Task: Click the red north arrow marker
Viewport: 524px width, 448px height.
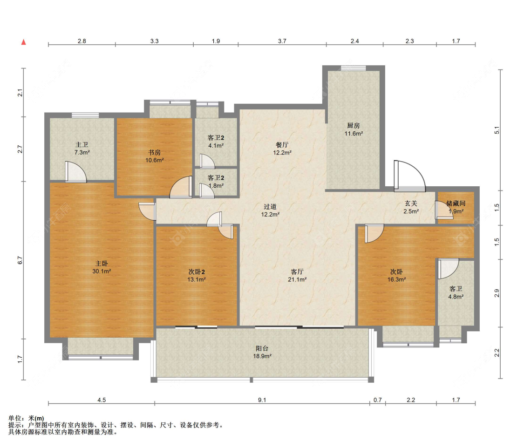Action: coord(23,42)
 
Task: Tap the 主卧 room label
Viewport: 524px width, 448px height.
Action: coord(101,264)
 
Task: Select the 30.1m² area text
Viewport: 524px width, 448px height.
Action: coord(102,272)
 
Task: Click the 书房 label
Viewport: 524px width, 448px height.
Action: coord(154,152)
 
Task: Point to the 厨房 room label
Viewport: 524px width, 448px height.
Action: coord(353,126)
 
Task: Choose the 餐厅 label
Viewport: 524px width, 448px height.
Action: coord(282,145)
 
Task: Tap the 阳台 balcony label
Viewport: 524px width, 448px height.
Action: coord(262,348)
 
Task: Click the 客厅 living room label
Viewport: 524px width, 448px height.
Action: coord(297,272)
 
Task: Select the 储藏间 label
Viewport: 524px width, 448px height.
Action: coord(456,204)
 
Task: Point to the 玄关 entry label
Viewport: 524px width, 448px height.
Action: coord(411,204)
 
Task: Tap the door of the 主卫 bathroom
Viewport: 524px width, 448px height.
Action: coord(75,172)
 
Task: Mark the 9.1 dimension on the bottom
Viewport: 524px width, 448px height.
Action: coord(262,400)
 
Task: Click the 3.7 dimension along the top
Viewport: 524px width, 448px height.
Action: coord(282,41)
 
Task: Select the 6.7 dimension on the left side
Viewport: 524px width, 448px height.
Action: coord(20,260)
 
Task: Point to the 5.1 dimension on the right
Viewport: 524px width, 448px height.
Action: coord(497,130)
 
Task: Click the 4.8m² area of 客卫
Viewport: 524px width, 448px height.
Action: coord(456,297)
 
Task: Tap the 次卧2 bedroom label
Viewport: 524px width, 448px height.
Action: coord(197,272)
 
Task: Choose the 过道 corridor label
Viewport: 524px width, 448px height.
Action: coord(270,207)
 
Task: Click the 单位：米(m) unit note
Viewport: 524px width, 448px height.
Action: coord(26,418)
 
